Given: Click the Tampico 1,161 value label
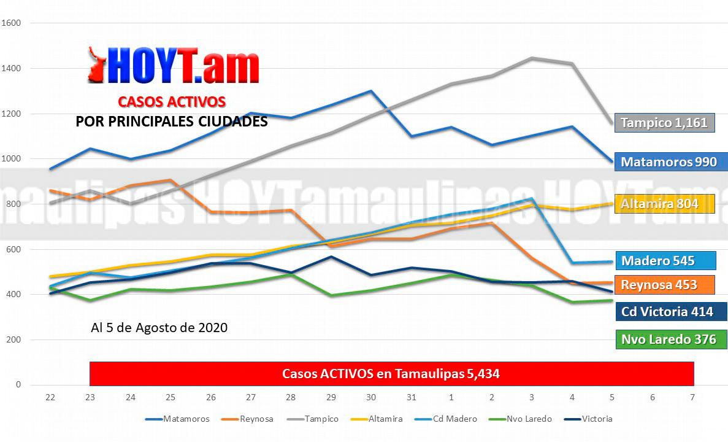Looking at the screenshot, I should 664,122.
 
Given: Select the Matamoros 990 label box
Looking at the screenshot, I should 669,162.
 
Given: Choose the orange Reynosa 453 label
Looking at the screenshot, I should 665,285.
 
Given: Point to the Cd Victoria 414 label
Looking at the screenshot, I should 671,312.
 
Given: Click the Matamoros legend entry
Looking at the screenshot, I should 177,419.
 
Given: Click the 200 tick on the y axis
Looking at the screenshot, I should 13,339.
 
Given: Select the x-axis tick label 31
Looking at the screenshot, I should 411,398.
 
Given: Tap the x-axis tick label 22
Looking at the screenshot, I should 50,398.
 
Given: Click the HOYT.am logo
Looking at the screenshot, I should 174,66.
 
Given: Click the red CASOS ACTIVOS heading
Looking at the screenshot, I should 172,101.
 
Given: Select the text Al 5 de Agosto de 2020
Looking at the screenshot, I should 159,328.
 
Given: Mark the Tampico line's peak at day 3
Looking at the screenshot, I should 532,58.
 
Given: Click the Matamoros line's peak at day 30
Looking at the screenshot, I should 371,91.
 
